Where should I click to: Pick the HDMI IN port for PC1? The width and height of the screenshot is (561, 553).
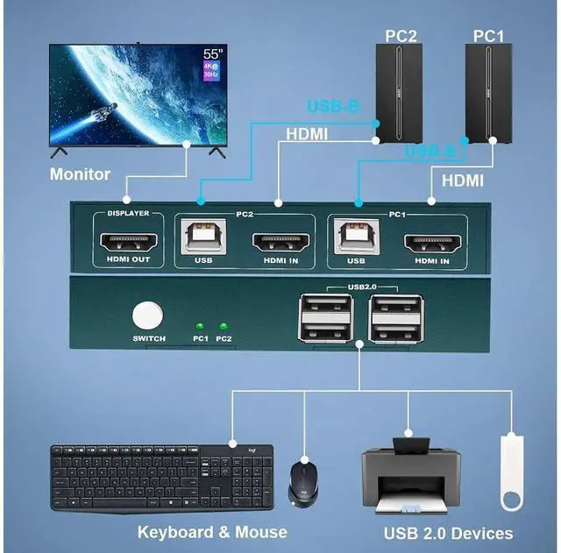pyautogui.click(x=431, y=242)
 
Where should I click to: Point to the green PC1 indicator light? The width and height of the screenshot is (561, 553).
pyautogui.click(x=201, y=325)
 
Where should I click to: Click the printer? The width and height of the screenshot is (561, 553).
pyautogui.click(x=409, y=478)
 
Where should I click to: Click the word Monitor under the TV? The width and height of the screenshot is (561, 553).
pyautogui.click(x=80, y=174)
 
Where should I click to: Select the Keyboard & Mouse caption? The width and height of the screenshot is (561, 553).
pyautogui.click(x=212, y=532)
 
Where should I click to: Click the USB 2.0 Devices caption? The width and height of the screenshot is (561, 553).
pyautogui.click(x=448, y=533)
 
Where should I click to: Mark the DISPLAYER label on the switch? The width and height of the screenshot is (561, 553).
pyautogui.click(x=128, y=213)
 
